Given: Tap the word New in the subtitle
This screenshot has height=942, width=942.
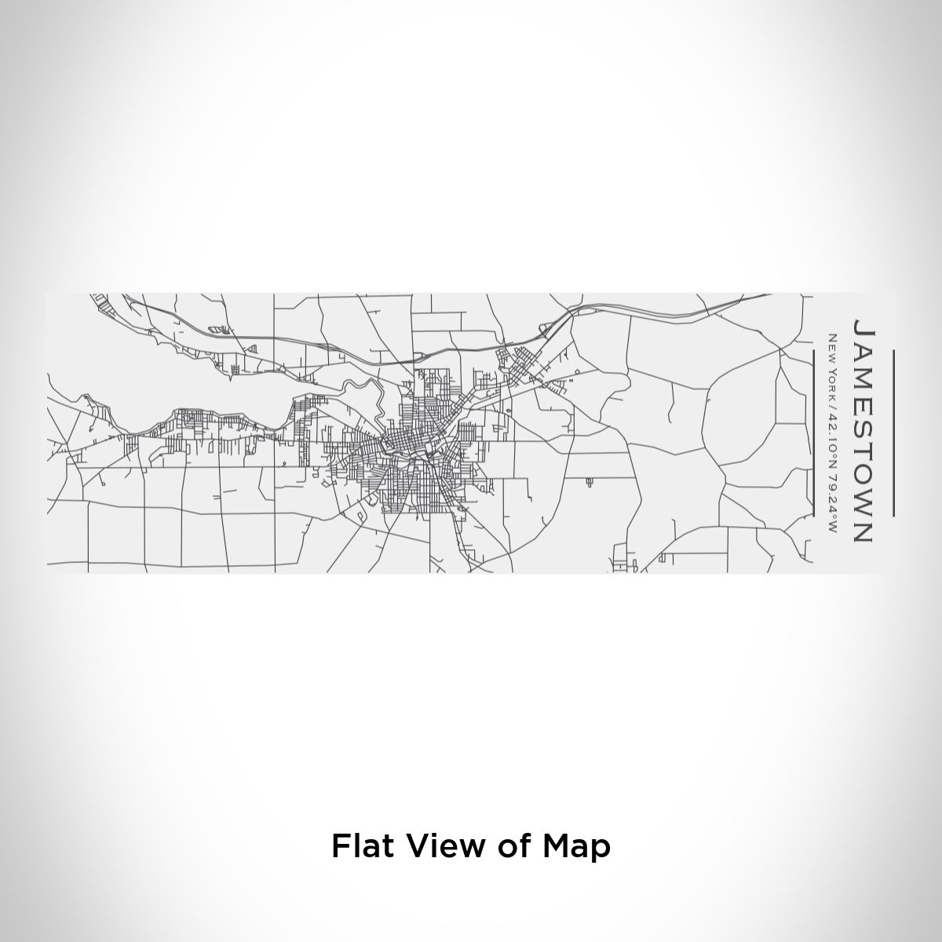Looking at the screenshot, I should click(833, 343).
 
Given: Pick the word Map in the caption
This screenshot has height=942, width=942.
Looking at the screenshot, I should click(577, 847).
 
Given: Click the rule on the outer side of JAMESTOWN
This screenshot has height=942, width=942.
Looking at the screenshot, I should click(893, 433).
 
